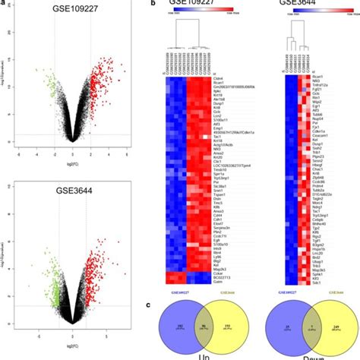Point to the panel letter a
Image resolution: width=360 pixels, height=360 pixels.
[x=2, y=3]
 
